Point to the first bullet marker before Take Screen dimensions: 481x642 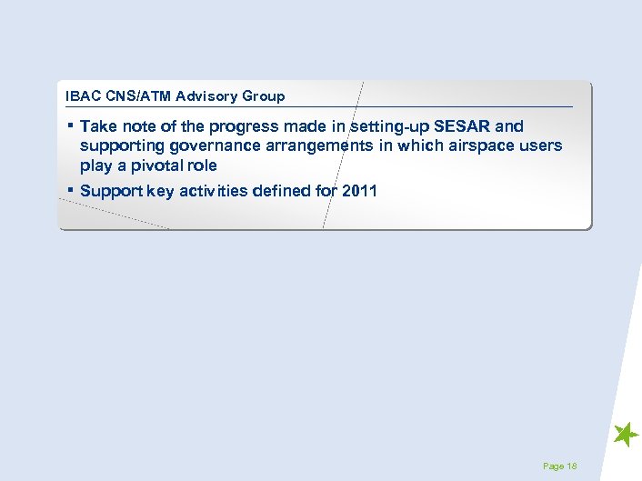[70, 125]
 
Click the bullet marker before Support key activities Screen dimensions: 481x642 [70, 189]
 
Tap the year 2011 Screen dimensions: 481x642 [359, 191]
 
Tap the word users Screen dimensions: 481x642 [541, 145]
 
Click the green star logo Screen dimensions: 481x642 [626, 435]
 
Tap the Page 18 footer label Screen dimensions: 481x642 [559, 466]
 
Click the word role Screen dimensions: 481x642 [200, 165]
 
